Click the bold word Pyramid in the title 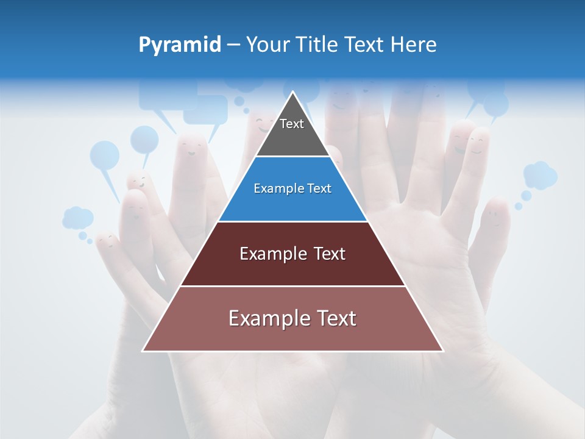(x=180, y=45)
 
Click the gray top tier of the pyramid (x=292, y=137)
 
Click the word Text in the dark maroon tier (x=329, y=254)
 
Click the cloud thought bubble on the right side (x=540, y=175)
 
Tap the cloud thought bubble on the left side (x=77, y=217)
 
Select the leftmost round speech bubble (x=105, y=155)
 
